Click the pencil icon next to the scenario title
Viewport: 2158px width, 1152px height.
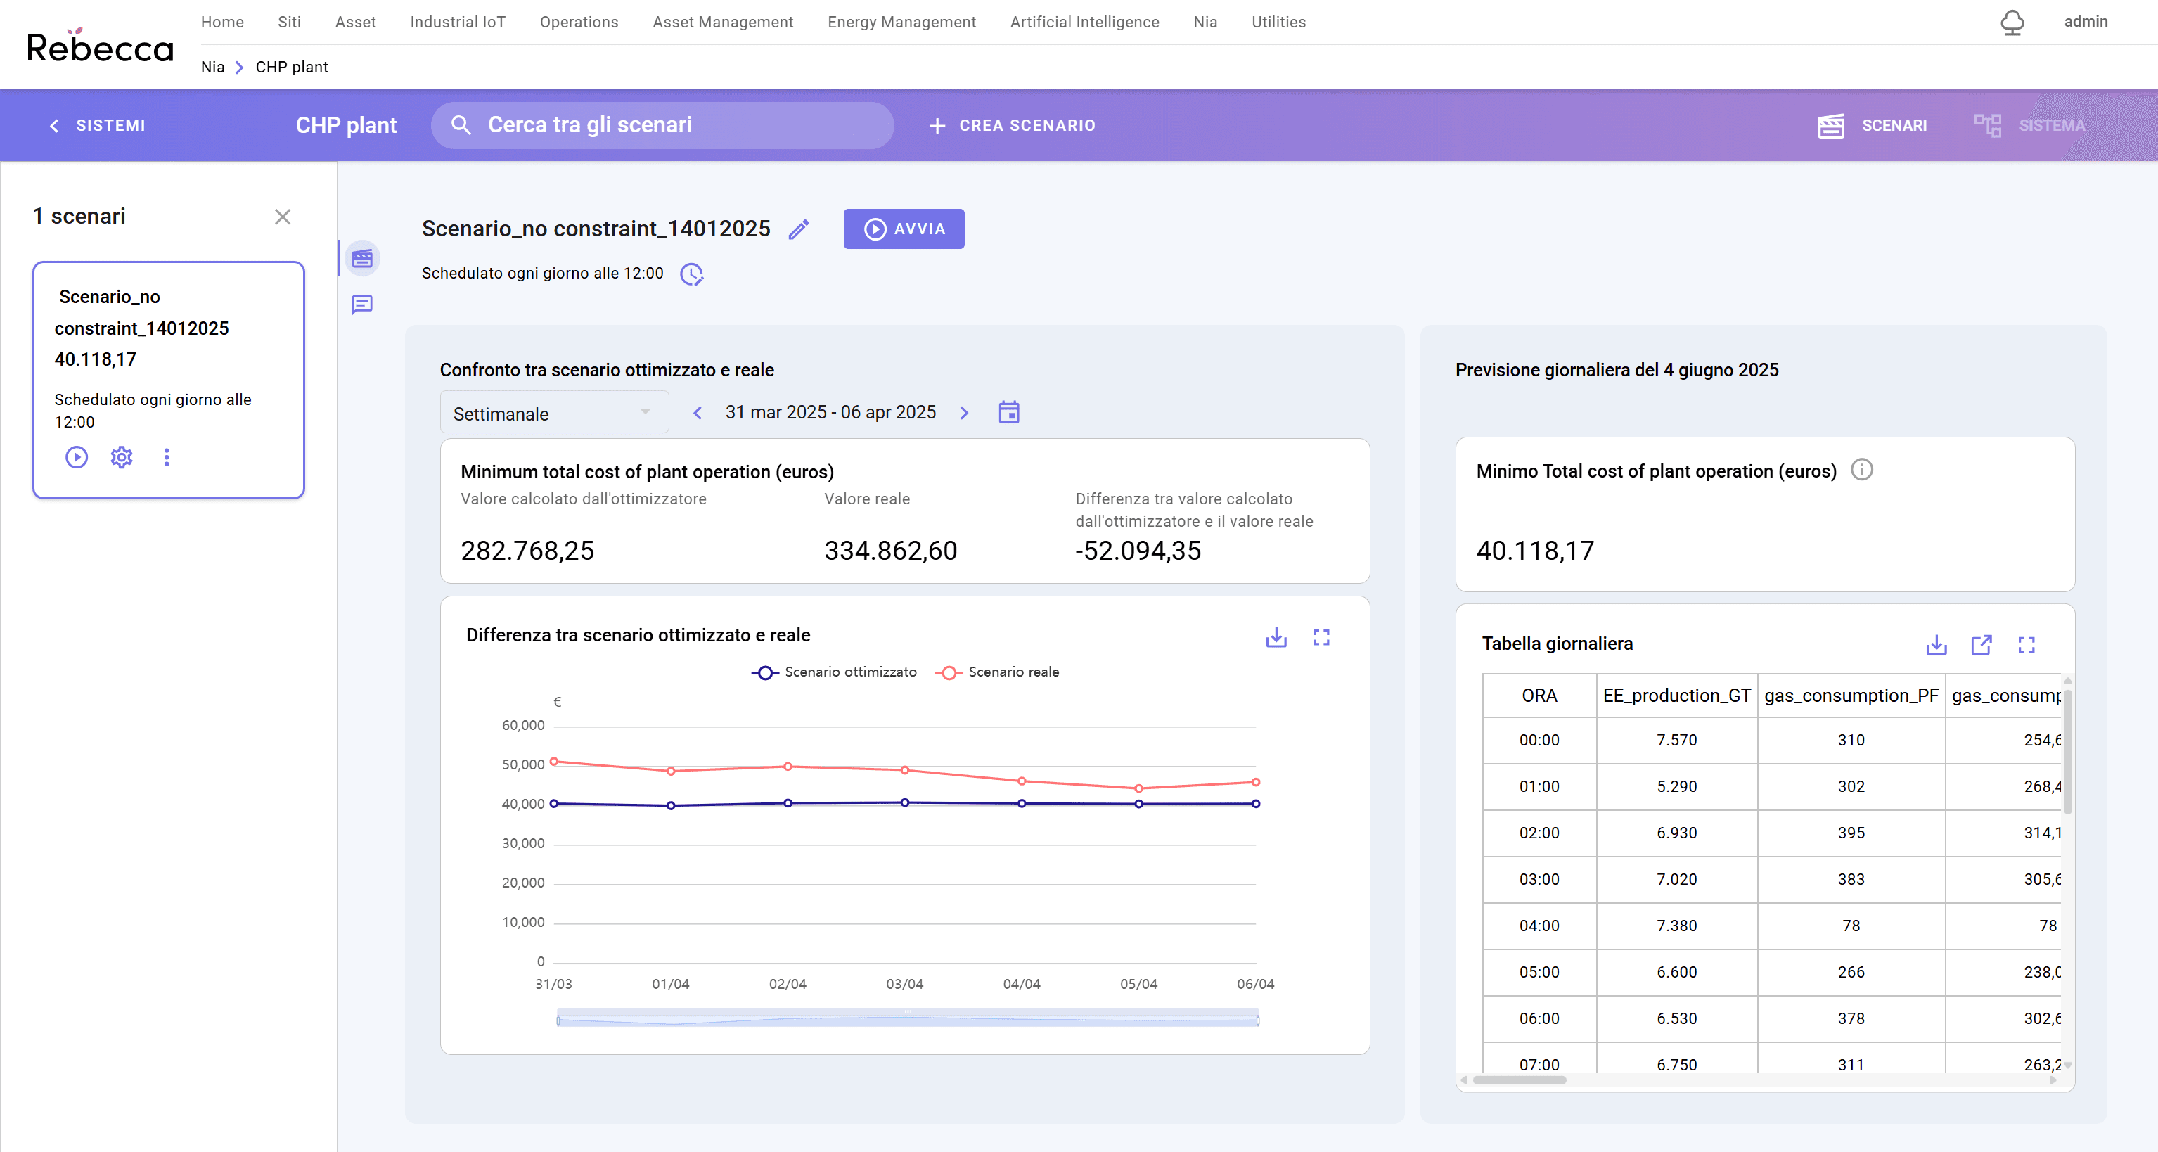pyautogui.click(x=798, y=229)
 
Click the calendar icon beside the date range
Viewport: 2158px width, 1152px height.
pyautogui.click(x=1008, y=412)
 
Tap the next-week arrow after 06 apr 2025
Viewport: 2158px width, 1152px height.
pyautogui.click(x=964, y=413)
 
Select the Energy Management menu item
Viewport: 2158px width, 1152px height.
pyautogui.click(x=901, y=22)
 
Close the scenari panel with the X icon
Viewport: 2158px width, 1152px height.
pyautogui.click(x=282, y=217)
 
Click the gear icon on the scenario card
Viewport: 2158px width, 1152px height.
pyautogui.click(x=122, y=456)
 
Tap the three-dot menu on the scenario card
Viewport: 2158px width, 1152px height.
pyautogui.click(x=167, y=456)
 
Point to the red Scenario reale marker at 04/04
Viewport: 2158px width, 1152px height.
pyautogui.click(x=1021, y=781)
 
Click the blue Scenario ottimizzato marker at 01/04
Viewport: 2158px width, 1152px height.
pyautogui.click(x=670, y=805)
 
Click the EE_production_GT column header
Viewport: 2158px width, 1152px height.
pyautogui.click(x=1676, y=696)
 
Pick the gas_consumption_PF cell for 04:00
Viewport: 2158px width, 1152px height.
pyautogui.click(x=1851, y=925)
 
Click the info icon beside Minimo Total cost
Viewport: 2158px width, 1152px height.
pyautogui.click(x=1861, y=469)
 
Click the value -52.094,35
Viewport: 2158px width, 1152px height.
pyautogui.click(x=1138, y=551)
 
